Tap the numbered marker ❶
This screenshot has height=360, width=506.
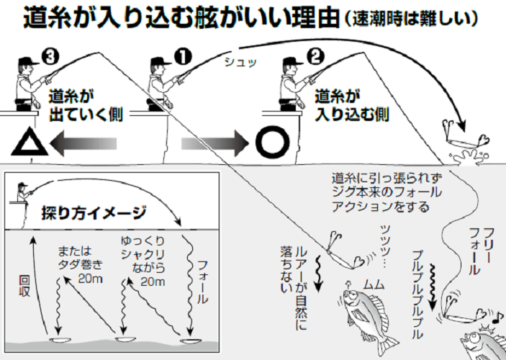click(183, 56)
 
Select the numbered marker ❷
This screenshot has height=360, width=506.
click(317, 56)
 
